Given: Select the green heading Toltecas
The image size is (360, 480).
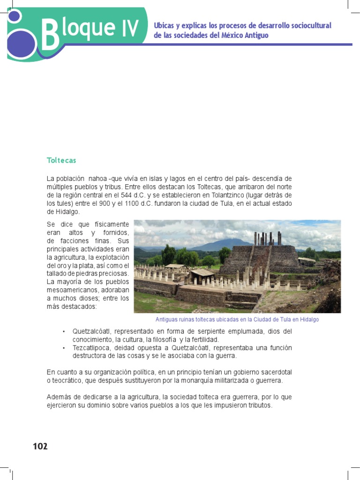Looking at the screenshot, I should [x=61, y=160].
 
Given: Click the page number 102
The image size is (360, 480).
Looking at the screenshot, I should [x=40, y=446].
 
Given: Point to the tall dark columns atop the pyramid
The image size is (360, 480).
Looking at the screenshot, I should [x=267, y=238].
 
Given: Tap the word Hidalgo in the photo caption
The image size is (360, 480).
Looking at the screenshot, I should [x=307, y=319].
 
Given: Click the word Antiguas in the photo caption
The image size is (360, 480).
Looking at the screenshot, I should [x=167, y=319].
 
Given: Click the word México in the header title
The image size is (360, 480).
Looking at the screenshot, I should [x=233, y=35].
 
